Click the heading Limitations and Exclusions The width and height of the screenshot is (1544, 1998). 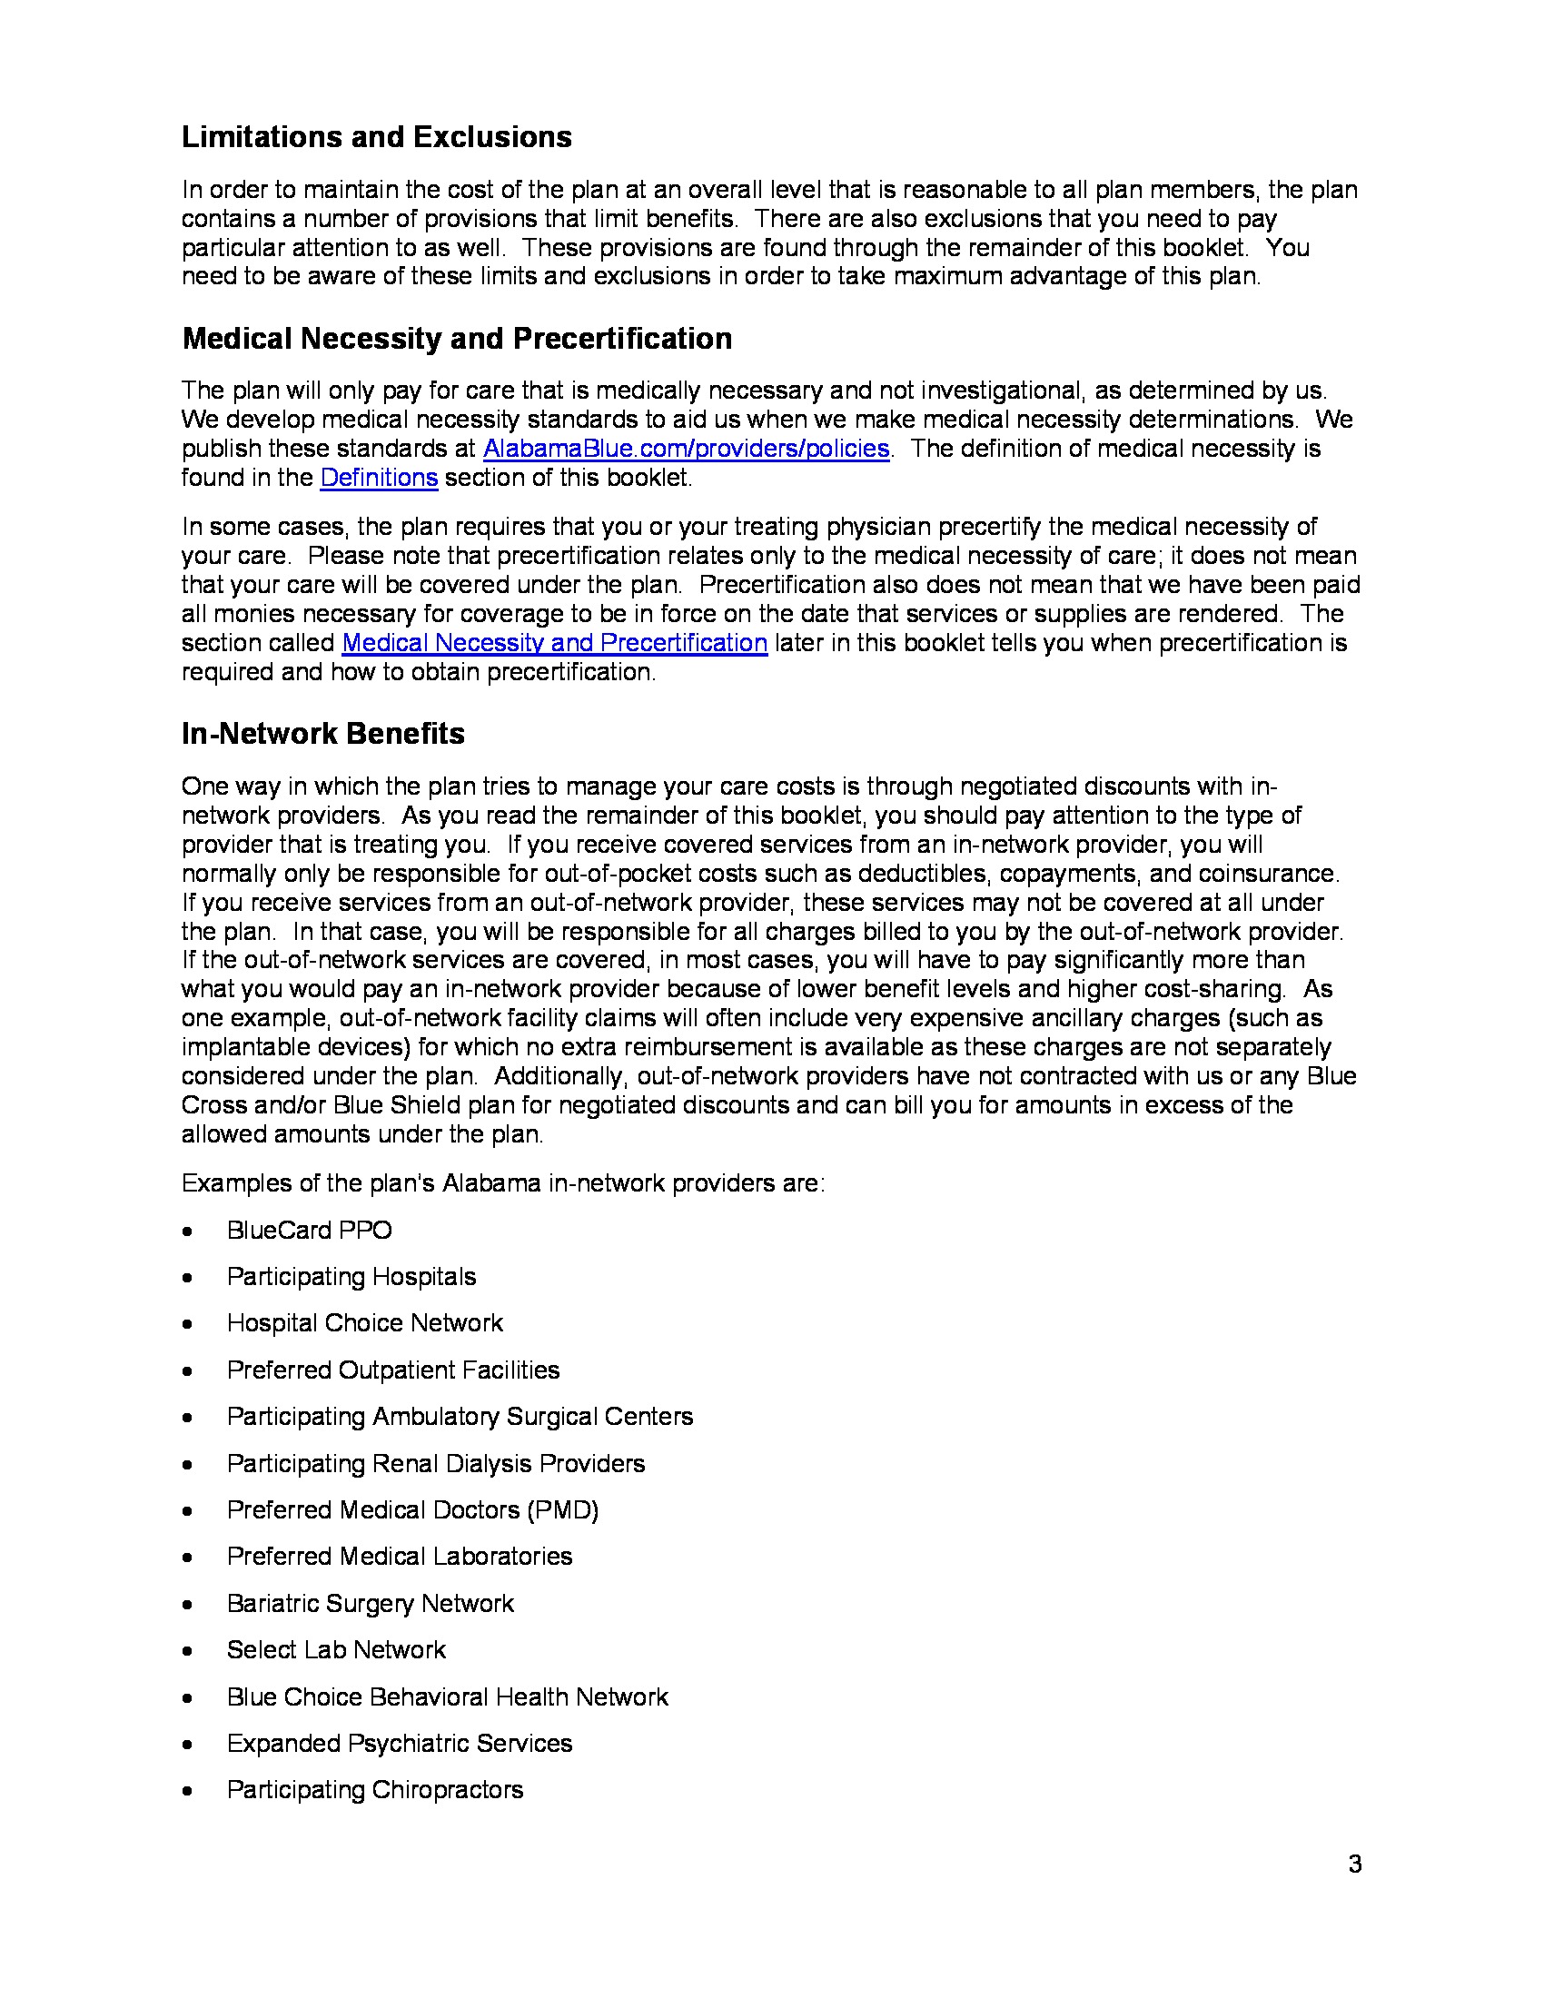[376, 137]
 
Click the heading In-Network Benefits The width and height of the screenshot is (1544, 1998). [323, 734]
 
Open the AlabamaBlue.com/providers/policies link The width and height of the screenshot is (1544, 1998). [685, 449]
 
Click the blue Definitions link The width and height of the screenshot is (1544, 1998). [379, 478]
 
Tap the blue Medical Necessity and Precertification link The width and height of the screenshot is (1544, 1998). [554, 643]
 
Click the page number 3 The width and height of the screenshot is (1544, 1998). [1355, 1864]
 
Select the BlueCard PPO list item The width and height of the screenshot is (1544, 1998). [309, 1230]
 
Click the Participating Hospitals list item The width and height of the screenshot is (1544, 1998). [351, 1276]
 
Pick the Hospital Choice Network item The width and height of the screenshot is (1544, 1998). [364, 1323]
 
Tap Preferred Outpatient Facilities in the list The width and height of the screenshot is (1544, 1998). [392, 1370]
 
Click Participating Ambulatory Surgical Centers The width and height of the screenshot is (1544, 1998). [460, 1416]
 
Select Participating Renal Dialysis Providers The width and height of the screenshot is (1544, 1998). [435, 1463]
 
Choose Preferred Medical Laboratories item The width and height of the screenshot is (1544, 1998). [399, 1556]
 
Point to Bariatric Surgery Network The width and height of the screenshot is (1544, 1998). [370, 1603]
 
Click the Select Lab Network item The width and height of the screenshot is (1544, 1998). [336, 1649]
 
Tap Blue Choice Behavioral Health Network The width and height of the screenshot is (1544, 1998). [447, 1697]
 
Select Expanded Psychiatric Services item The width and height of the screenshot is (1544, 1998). [399, 1743]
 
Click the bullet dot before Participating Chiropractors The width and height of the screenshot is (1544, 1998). [187, 1790]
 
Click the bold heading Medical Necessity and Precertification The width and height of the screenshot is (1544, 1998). [457, 339]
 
